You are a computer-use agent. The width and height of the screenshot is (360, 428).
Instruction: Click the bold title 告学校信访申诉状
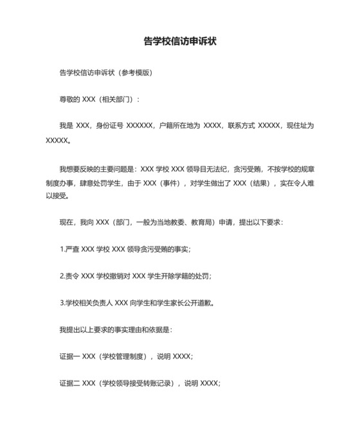pyautogui.click(x=179, y=42)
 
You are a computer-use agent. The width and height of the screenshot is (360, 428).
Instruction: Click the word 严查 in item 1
pyautogui.click(x=71, y=249)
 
